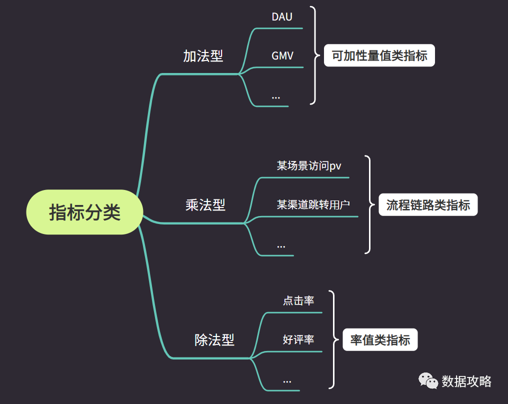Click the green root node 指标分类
(84, 212)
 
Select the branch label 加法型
(203, 56)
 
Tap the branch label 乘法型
(205, 204)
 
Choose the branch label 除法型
(214, 340)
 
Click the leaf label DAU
(282, 16)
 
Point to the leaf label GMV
(282, 56)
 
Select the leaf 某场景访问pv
(309, 165)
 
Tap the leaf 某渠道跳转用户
(313, 204)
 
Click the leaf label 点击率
(298, 300)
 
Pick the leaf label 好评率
(298, 339)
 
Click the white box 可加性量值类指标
(379, 55)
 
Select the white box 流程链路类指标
(428, 204)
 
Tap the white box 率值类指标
(380, 340)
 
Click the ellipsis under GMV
(276, 96)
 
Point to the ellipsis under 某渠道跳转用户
(281, 245)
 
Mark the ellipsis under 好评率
(287, 380)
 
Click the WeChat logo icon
(427, 381)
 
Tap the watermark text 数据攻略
(466, 381)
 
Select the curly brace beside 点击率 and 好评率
(331, 339)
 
